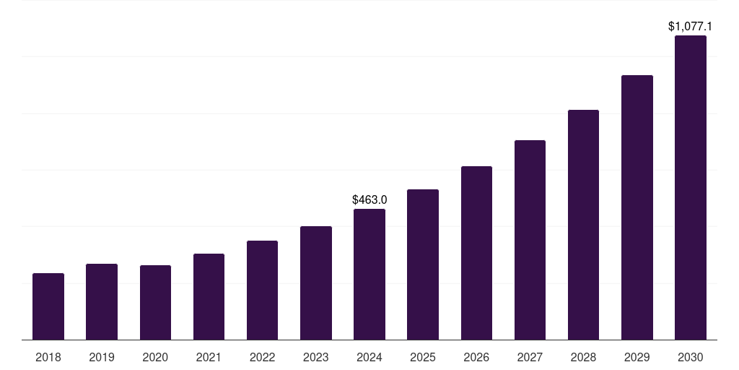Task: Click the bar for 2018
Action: click(48, 306)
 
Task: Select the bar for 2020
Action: click(155, 303)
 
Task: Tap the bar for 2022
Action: click(262, 291)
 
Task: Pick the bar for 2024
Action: click(369, 275)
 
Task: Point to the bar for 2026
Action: click(476, 253)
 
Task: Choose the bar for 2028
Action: click(583, 225)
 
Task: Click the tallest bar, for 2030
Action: click(691, 188)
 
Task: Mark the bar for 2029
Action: click(637, 207)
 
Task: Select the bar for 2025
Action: click(423, 264)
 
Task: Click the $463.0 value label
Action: click(369, 199)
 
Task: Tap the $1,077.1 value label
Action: click(691, 27)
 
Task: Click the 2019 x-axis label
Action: click(102, 357)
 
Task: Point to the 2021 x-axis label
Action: click(209, 357)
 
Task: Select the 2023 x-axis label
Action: click(316, 357)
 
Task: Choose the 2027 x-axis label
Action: click(530, 357)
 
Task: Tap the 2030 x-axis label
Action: click(691, 357)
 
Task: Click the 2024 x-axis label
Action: click(369, 357)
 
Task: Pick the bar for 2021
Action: click(209, 297)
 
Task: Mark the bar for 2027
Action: click(530, 240)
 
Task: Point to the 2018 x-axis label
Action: click(48, 357)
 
